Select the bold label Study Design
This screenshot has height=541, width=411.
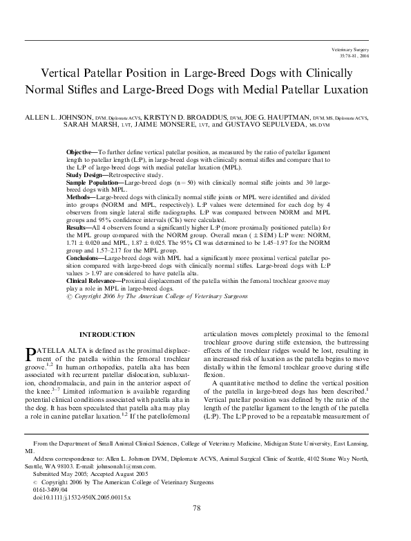(86, 176)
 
